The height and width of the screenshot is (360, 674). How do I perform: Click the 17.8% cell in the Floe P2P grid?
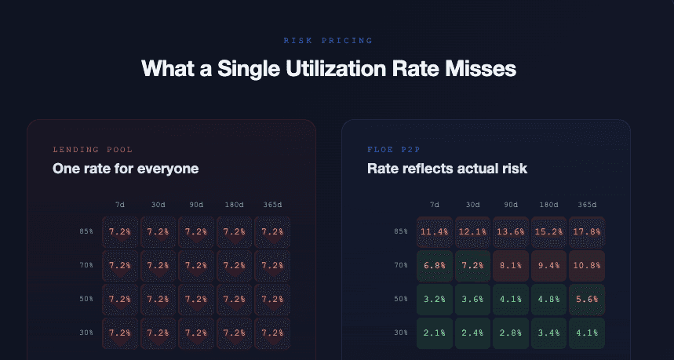[x=587, y=232]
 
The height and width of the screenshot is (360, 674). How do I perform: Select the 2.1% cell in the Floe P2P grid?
[x=433, y=333]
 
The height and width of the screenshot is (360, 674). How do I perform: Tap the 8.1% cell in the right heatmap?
[x=510, y=266]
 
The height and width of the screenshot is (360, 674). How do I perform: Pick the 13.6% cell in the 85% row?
[x=510, y=232]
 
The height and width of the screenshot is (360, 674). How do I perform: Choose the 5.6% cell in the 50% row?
[x=587, y=299]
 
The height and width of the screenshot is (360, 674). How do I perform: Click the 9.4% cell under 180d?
[x=548, y=266]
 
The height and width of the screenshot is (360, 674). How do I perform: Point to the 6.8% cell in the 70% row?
[x=433, y=266]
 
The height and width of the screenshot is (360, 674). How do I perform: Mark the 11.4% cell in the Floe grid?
[x=433, y=232]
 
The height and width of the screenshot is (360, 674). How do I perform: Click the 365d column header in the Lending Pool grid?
[x=272, y=205]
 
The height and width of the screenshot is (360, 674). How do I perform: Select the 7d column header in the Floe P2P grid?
[x=434, y=205]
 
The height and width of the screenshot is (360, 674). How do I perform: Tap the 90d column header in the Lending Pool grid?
[x=196, y=205]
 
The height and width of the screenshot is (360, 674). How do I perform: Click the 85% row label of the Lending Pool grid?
[x=86, y=232]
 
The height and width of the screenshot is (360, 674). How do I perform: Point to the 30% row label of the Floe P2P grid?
[x=400, y=333]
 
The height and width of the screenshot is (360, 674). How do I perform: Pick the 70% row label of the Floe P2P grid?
[x=400, y=266]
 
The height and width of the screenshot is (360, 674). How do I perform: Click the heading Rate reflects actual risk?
[x=446, y=168]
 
